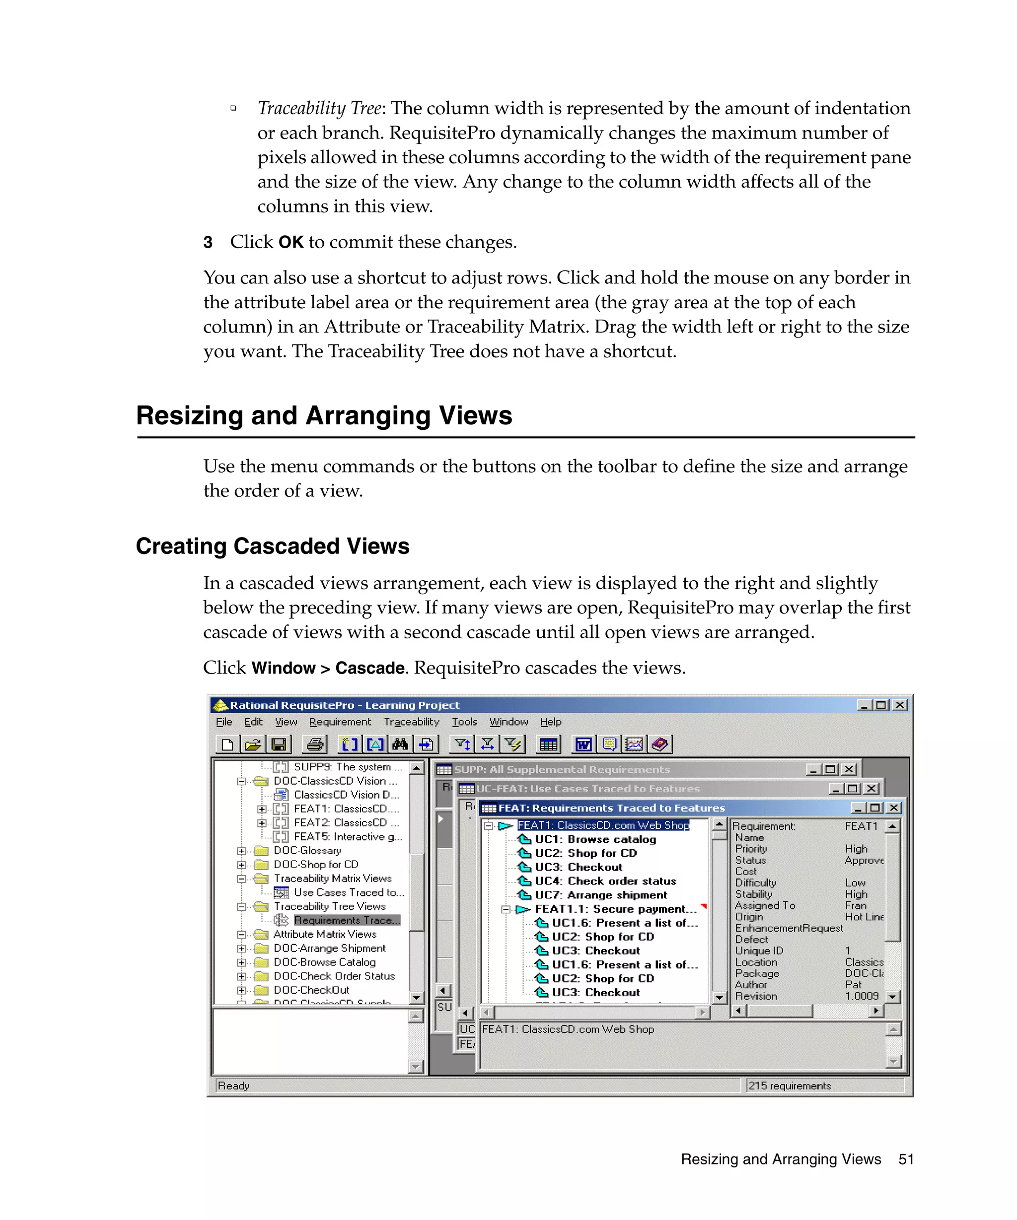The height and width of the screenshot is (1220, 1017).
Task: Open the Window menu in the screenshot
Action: click(x=508, y=722)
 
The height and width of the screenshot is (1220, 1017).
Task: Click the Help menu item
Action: click(x=550, y=722)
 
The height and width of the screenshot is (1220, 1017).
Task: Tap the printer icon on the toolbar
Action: click(x=315, y=744)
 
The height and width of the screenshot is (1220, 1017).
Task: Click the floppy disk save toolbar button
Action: click(x=279, y=744)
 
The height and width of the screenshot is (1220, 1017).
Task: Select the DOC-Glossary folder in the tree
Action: click(x=307, y=851)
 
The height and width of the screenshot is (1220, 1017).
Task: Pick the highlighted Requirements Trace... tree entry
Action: click(x=346, y=920)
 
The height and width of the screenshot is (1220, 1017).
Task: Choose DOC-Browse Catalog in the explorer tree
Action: click(x=324, y=962)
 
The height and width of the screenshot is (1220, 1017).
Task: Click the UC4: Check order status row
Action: click(x=605, y=881)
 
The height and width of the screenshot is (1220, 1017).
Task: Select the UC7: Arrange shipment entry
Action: click(x=601, y=895)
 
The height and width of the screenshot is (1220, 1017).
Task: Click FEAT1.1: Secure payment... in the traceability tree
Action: click(x=615, y=909)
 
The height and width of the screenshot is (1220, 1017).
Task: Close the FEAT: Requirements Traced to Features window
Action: click(x=894, y=808)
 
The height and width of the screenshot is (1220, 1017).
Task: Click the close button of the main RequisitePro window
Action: click(x=900, y=705)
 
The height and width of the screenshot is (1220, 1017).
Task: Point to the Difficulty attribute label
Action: click(x=755, y=883)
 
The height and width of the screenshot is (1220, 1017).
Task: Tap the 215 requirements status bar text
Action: click(x=789, y=1086)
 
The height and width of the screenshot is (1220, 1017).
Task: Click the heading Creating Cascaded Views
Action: click(x=273, y=546)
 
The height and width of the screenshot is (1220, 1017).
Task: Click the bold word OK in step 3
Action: click(x=291, y=242)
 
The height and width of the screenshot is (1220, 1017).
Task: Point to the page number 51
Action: click(x=905, y=1159)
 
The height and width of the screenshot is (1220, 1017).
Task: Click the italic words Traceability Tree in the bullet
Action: click(x=319, y=108)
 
